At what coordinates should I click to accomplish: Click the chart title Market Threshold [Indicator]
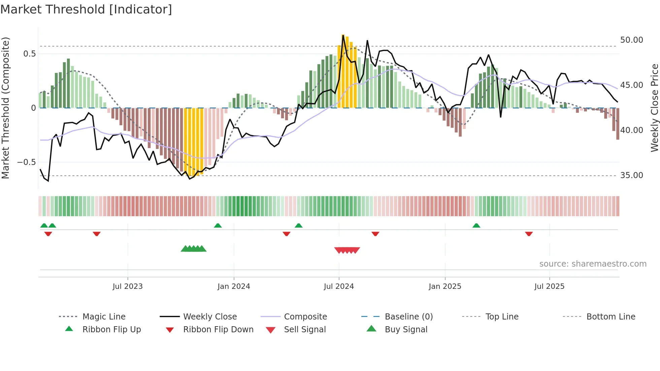pos(86,9)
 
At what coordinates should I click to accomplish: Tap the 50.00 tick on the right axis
pos(631,40)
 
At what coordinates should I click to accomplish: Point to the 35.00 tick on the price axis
pos(631,175)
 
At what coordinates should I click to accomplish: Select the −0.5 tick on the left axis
pos(26,162)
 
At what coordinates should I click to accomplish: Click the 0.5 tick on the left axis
pos(29,54)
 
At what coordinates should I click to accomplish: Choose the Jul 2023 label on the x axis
pos(128,286)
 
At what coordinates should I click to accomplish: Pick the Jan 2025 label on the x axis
pos(445,286)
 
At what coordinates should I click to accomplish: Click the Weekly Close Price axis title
pos(654,108)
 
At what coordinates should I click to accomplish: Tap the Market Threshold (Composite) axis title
pos(5,108)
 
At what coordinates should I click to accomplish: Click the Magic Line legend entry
pos(104,317)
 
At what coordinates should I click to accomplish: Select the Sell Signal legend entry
pos(304,330)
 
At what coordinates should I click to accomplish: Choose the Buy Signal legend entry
pos(406,330)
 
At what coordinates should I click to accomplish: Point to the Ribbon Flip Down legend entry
pos(218,330)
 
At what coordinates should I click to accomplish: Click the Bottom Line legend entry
pos(610,317)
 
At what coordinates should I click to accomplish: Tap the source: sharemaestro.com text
pos(593,264)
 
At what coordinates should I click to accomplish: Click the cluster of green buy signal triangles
pos(194,249)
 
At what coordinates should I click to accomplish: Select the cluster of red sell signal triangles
pos(347,250)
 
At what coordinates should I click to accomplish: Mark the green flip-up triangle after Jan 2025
pos(476,226)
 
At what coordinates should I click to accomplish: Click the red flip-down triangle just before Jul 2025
pos(529,234)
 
